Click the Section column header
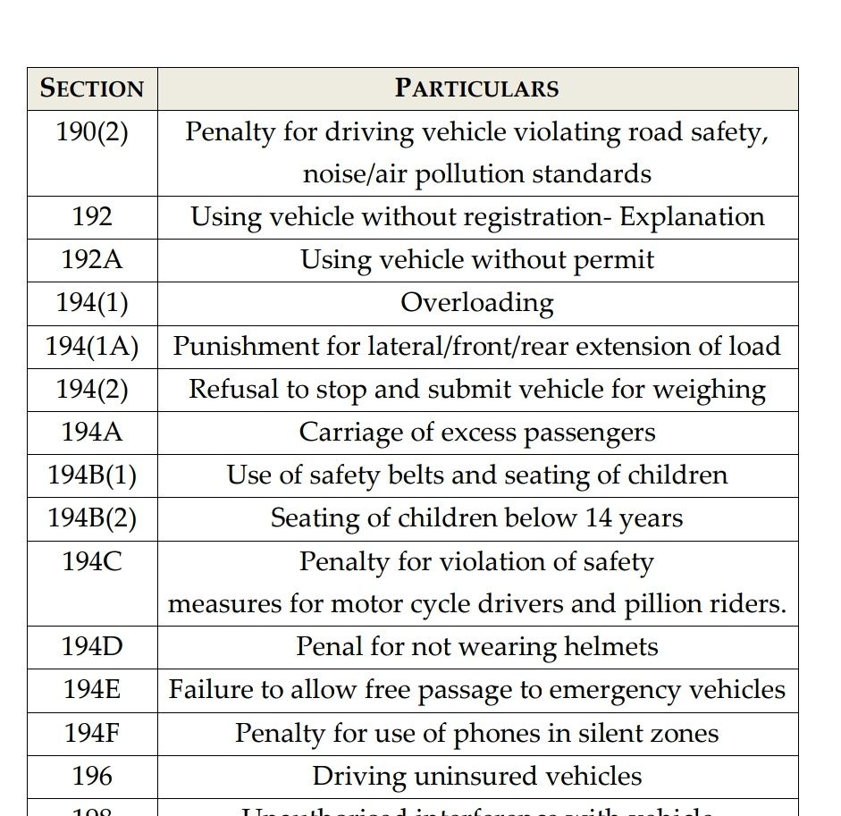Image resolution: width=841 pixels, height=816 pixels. tap(92, 88)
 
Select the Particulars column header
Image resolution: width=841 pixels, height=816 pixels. tap(476, 88)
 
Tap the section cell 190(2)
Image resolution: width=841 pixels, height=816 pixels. tap(92, 132)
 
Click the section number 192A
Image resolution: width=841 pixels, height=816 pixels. tap(92, 260)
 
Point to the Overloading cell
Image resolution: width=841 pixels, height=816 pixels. tap(476, 303)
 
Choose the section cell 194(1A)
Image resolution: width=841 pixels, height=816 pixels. tap(92, 346)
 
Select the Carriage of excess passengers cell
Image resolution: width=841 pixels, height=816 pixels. tap(476, 433)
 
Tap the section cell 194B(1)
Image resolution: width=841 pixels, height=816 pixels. tap(92, 475)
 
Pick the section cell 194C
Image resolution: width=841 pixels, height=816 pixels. tap(92, 562)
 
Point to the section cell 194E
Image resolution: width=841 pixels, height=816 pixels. tap(92, 690)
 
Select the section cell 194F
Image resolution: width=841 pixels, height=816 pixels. tap(92, 734)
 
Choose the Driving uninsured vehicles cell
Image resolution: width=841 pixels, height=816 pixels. tap(476, 777)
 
